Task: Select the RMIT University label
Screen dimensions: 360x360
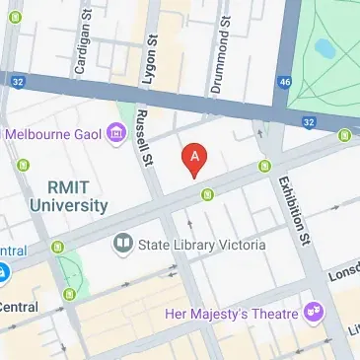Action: [x=67, y=195]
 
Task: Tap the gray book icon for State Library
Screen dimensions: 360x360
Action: [x=122, y=243]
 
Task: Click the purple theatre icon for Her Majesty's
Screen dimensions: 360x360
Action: [x=314, y=313]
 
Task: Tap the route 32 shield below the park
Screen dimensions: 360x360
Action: [x=308, y=121]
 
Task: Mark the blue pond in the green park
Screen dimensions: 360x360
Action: [x=323, y=47]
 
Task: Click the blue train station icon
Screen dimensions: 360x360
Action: [x=3, y=270]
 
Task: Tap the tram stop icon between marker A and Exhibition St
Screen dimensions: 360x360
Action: [x=264, y=165]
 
